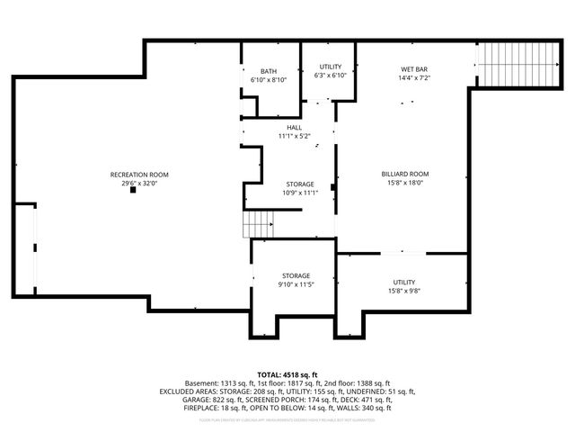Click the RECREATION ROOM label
(139, 174)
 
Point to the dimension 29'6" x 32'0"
(139, 183)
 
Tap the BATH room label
(269, 71)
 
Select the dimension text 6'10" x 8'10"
(269, 80)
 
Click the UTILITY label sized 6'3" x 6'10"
(331, 67)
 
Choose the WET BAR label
(413, 69)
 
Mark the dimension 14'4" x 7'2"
(413, 78)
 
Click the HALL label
(294, 127)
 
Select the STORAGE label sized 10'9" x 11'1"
(299, 184)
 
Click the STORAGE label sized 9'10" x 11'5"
(296, 275)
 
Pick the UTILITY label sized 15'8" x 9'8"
(404, 282)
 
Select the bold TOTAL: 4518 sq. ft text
(287, 373)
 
